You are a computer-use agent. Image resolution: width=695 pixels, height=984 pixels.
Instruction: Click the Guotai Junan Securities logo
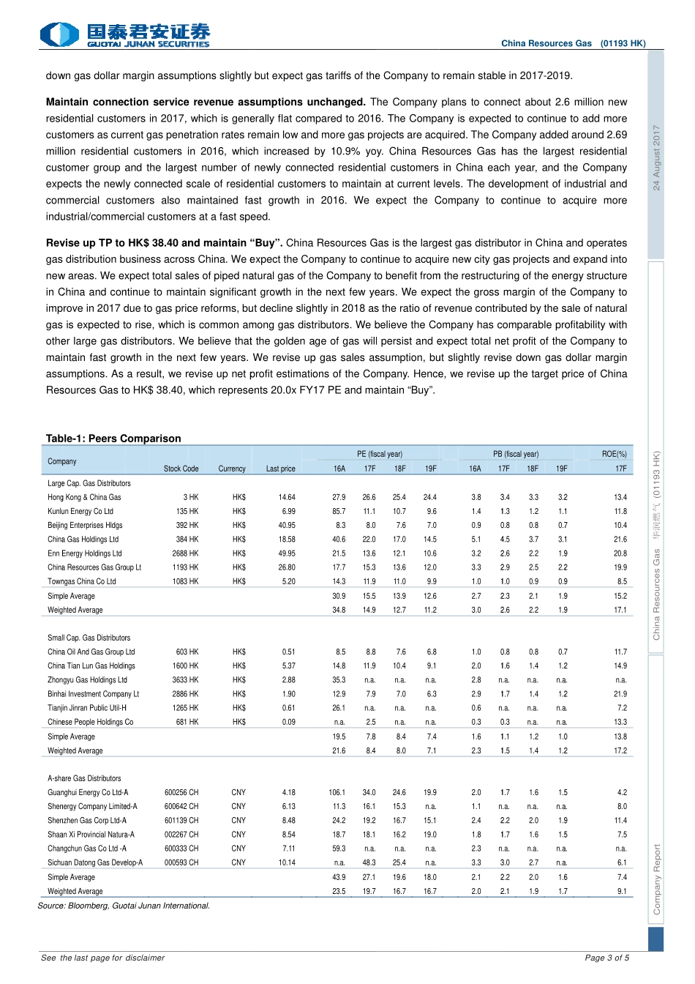click(x=125, y=34)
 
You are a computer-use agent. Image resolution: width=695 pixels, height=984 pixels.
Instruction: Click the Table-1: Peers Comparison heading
click(x=113, y=439)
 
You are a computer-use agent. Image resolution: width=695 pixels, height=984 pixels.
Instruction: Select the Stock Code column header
click(x=181, y=469)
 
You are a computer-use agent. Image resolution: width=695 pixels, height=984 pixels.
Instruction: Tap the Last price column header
click(x=280, y=469)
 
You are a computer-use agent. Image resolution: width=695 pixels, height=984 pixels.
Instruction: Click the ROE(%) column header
click(x=614, y=454)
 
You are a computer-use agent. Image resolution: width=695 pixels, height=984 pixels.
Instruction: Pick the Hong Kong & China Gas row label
click(x=84, y=497)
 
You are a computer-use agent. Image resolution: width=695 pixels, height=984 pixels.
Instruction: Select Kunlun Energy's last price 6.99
click(x=288, y=511)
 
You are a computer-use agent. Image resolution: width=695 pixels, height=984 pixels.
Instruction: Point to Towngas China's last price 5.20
click(x=288, y=581)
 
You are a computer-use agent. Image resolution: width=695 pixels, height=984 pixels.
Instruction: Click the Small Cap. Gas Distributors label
click(x=89, y=638)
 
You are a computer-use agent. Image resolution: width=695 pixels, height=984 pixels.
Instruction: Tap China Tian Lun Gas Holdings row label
click(x=91, y=666)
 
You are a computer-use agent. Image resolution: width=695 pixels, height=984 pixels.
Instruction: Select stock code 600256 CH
click(x=181, y=792)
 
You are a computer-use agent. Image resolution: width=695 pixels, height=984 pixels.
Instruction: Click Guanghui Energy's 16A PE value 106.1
click(x=337, y=792)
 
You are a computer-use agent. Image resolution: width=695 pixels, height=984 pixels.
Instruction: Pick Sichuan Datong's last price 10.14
click(x=287, y=862)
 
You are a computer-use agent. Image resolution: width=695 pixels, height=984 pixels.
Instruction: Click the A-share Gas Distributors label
click(x=84, y=778)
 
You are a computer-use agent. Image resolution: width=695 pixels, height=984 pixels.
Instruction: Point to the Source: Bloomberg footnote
click(x=124, y=906)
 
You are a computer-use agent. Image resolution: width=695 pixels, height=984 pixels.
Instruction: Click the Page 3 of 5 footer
click(x=606, y=958)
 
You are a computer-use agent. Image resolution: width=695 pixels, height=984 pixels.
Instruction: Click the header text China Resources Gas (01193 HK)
click(x=573, y=43)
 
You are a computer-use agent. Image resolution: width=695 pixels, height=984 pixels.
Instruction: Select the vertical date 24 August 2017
click(x=656, y=157)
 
